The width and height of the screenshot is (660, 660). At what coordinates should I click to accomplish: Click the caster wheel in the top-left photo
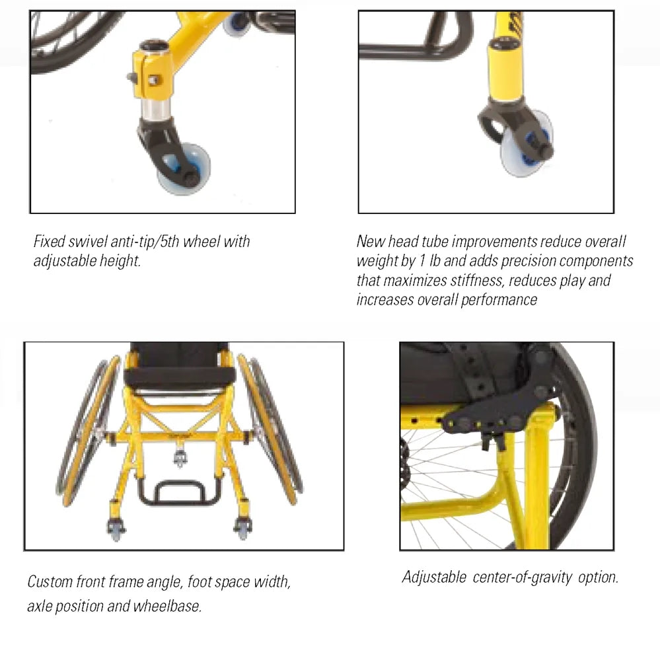(x=185, y=170)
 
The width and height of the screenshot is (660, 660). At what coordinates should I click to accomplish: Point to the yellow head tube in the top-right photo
(x=505, y=69)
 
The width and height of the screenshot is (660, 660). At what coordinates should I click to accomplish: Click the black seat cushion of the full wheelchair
(x=179, y=377)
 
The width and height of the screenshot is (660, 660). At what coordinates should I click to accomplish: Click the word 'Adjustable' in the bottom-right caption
(x=434, y=577)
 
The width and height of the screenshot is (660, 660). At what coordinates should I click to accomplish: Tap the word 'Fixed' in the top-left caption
(x=49, y=241)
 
